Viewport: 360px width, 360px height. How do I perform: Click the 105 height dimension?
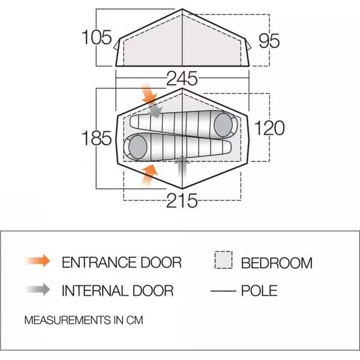pyautogui.click(x=97, y=37)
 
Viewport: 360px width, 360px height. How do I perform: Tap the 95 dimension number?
pyautogui.click(x=269, y=41)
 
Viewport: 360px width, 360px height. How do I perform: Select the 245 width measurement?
pyautogui.click(x=182, y=79)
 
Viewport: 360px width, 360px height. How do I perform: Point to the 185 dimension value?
pyautogui.click(x=97, y=138)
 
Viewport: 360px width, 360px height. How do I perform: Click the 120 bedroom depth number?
pyautogui.click(x=269, y=128)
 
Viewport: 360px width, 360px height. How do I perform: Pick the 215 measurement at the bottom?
pyautogui.click(x=182, y=200)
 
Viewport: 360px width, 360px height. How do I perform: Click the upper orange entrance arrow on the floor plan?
pyautogui.click(x=149, y=94)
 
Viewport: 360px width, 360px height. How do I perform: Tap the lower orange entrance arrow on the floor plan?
pyautogui.click(x=149, y=175)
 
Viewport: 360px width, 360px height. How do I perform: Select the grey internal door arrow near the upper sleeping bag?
pyautogui.click(x=155, y=111)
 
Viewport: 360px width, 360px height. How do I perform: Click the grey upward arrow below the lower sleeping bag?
pyautogui.click(x=182, y=166)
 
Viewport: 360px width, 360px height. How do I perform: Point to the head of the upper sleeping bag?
pyautogui.click(x=223, y=125)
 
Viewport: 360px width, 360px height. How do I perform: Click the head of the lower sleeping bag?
pyautogui.click(x=138, y=147)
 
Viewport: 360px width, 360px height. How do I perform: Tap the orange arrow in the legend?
pyautogui.click(x=37, y=261)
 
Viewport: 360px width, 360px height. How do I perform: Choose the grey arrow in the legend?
pyautogui.click(x=37, y=290)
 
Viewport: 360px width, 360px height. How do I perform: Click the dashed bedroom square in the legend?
pyautogui.click(x=223, y=260)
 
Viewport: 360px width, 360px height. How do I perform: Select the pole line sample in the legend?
pyautogui.click(x=223, y=291)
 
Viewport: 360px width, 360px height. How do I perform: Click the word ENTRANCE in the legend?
pyautogui.click(x=99, y=262)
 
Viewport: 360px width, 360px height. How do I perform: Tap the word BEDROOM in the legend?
pyautogui.click(x=277, y=263)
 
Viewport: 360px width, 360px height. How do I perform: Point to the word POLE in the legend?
pyautogui.click(x=259, y=290)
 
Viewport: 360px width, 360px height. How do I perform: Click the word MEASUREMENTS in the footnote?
pyautogui.click(x=67, y=320)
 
